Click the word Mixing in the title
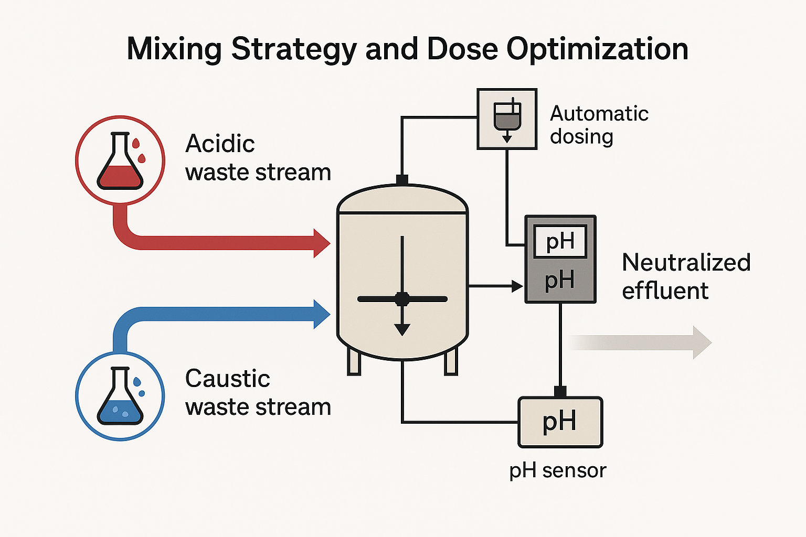(174, 50)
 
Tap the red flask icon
(120, 160)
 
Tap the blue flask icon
(120, 395)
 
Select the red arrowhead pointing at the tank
(322, 243)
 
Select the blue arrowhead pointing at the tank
(322, 314)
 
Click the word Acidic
(220, 144)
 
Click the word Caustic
(227, 379)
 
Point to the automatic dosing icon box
(507, 119)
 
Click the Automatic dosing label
(599, 125)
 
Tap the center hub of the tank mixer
(402, 299)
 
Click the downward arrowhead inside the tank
(402, 329)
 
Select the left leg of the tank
(354, 361)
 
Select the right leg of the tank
(451, 361)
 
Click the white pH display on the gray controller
(560, 242)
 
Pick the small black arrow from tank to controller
(516, 286)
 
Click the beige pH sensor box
(560, 422)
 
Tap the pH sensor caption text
(557, 470)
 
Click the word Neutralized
(686, 262)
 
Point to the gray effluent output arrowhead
(702, 342)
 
